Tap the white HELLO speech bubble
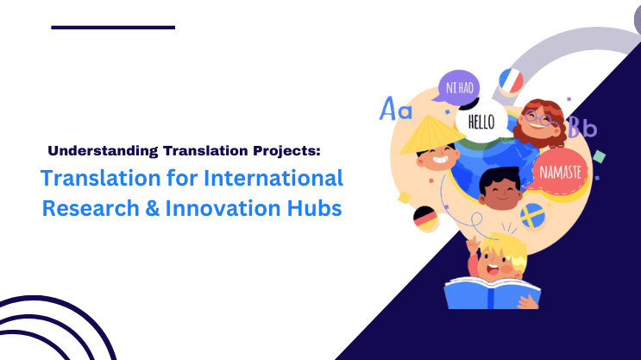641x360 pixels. [x=481, y=122]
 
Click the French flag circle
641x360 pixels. [x=511, y=80]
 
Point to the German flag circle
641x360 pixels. [x=425, y=218]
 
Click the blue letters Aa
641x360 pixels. [x=396, y=110]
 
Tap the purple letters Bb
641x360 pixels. [x=582, y=129]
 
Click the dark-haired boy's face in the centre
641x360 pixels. [x=496, y=192]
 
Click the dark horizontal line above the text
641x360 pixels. [x=113, y=28]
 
